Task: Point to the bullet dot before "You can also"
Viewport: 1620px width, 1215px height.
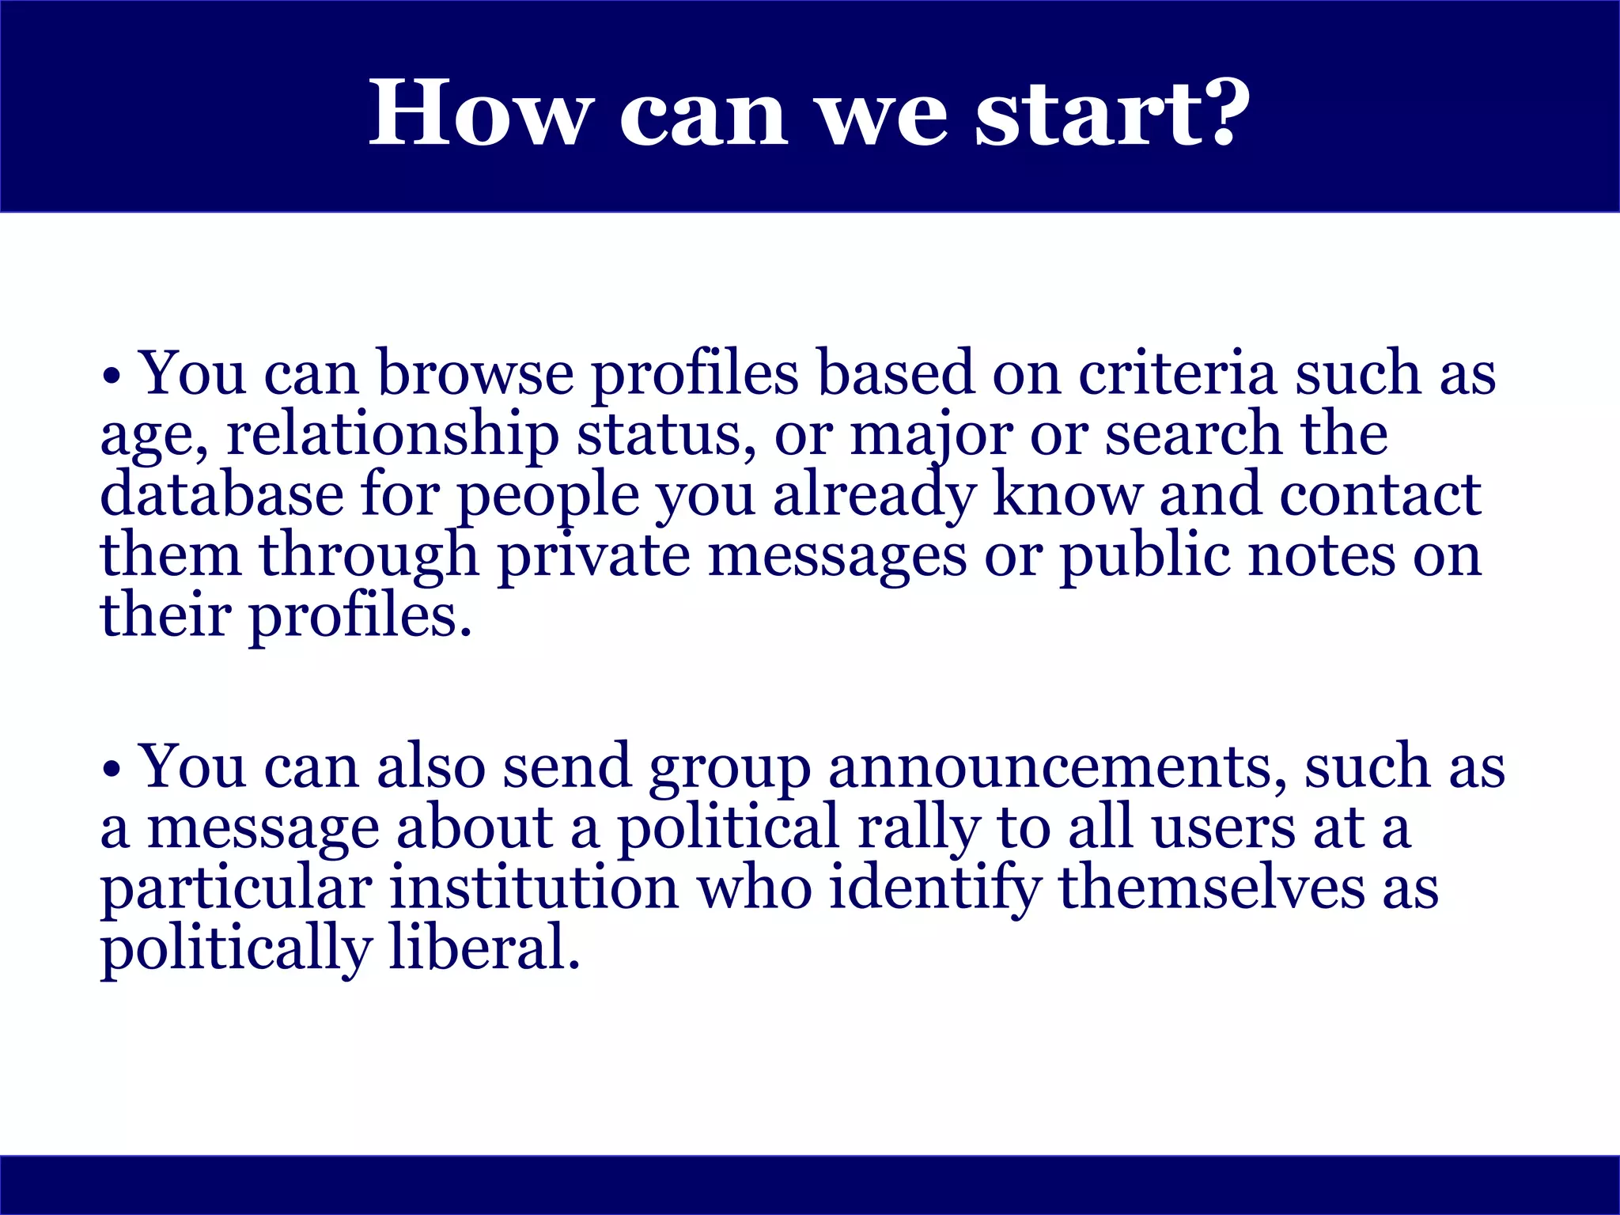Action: [x=112, y=769]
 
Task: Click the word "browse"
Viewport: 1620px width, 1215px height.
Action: [x=475, y=373]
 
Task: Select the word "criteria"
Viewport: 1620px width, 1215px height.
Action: [x=1177, y=373]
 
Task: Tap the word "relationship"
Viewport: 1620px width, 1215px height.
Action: [x=392, y=434]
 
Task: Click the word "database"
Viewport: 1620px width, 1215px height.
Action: [x=221, y=494]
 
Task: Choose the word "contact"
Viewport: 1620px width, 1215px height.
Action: [x=1380, y=494]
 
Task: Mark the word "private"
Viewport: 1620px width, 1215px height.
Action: [x=593, y=556]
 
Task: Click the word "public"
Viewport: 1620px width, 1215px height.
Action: [x=1145, y=556]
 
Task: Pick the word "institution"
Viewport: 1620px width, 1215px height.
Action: [x=534, y=888]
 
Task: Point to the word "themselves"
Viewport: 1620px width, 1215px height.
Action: [x=1211, y=888]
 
